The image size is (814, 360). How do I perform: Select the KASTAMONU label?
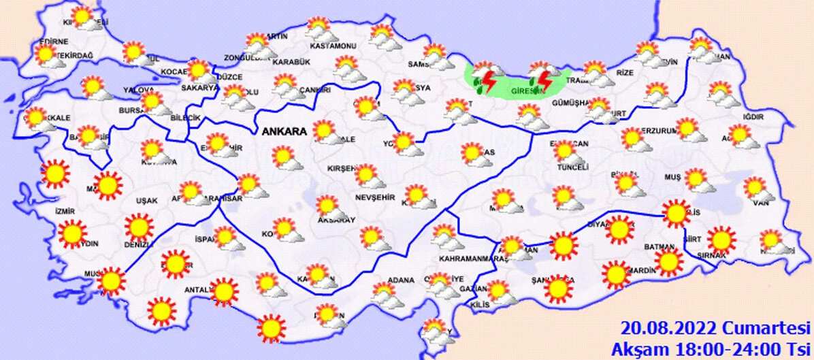click(333, 46)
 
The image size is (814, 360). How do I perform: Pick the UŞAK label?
click(146, 200)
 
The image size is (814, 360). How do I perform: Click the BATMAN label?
click(660, 246)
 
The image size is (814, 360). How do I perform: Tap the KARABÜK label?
click(291, 62)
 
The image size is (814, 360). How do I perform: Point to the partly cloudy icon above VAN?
click(755, 189)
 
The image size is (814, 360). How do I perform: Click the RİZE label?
click(625, 73)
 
